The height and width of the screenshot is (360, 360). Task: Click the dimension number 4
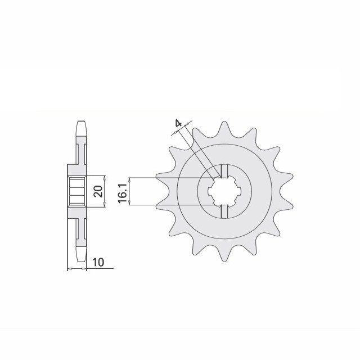pos(178,124)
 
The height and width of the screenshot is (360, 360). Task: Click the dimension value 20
pos(98,192)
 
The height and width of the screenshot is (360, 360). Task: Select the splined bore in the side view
pos(75,192)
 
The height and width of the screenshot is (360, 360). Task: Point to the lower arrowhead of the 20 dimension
pos(105,208)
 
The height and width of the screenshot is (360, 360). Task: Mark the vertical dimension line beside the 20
pos(105,192)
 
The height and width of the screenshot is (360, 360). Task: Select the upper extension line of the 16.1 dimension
pos(169,178)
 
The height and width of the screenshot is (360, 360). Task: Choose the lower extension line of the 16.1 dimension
pos(169,205)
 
